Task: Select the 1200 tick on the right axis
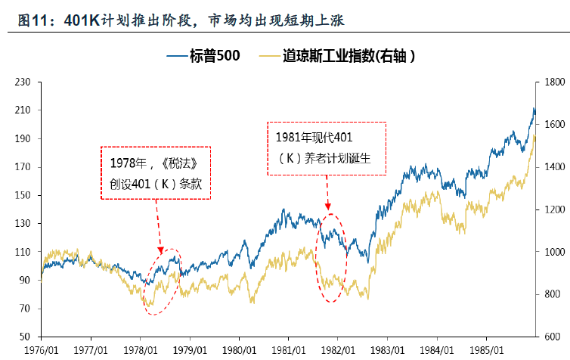(550, 209)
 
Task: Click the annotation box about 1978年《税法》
(155, 173)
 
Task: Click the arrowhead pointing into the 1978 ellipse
(160, 250)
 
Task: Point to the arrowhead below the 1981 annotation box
(328, 206)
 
